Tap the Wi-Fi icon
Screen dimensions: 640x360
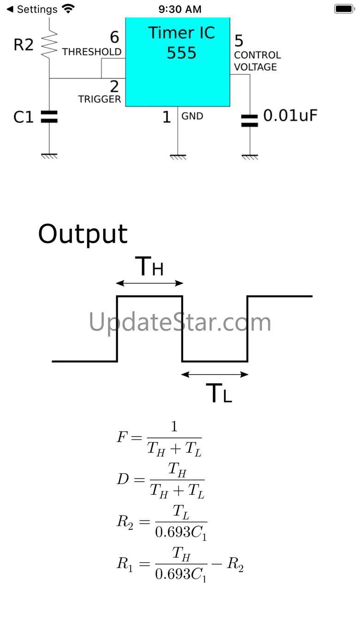[68, 9]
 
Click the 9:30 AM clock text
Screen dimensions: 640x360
[180, 9]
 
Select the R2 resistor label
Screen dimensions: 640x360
[24, 45]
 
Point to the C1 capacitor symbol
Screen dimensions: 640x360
[49, 117]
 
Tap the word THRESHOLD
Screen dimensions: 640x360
[92, 52]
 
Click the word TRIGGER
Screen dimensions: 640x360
[99, 99]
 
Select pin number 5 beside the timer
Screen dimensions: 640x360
[239, 41]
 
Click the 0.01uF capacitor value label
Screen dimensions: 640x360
[290, 116]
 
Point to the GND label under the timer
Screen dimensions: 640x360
[192, 116]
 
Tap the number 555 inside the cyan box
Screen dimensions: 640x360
[181, 53]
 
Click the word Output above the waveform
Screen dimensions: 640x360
[83, 234]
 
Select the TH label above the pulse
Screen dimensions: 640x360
[149, 267]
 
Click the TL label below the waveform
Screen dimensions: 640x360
[219, 393]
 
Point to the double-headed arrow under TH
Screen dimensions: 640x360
[150, 283]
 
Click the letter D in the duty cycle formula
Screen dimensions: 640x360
[123, 479]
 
